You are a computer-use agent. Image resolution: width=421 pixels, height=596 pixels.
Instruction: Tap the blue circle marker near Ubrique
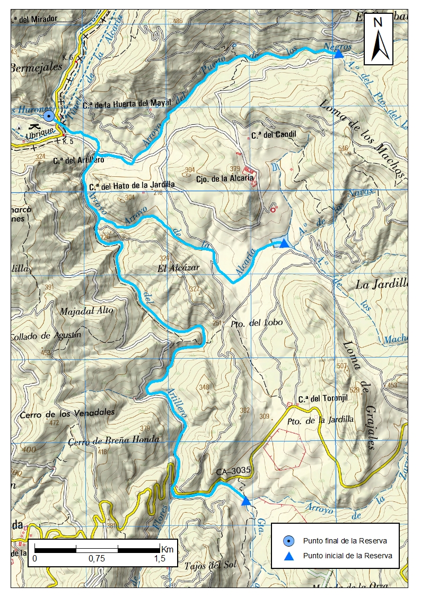[49, 116]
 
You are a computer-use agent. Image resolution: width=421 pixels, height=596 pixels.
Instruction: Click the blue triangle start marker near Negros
[339, 54]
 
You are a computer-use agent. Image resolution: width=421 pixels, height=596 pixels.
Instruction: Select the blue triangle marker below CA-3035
[246, 501]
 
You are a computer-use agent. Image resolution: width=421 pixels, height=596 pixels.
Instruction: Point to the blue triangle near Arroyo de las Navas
[284, 243]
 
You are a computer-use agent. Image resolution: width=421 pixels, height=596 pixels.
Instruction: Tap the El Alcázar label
[179, 268]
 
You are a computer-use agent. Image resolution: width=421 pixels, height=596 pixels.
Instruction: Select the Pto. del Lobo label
[257, 322]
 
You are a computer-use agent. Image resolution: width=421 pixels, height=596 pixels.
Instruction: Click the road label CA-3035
[233, 471]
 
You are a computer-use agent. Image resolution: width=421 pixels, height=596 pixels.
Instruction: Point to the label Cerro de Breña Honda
[114, 440]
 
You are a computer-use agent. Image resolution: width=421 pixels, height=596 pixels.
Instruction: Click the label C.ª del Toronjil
[318, 399]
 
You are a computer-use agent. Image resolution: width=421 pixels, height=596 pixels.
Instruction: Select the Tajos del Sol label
[209, 565]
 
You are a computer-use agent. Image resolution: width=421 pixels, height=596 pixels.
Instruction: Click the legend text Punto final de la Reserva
[345, 541]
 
